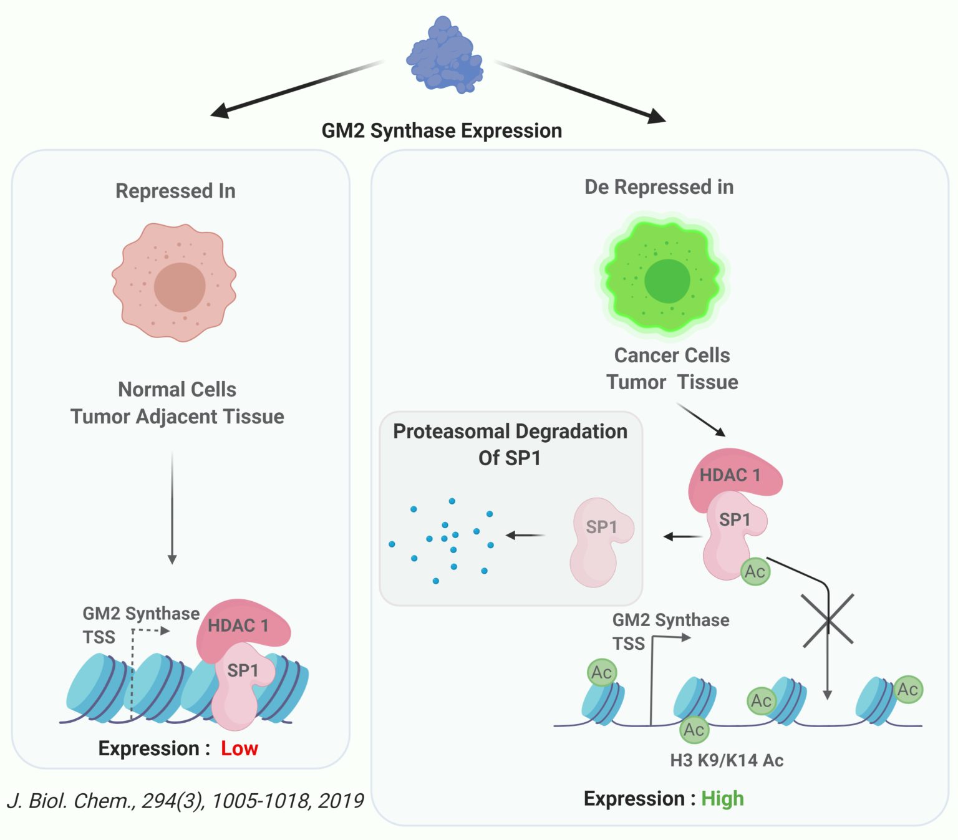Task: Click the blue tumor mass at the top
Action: (x=445, y=55)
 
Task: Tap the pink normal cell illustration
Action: (x=174, y=282)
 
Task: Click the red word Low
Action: (x=239, y=748)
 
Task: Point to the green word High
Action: (x=722, y=798)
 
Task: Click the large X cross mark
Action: (x=828, y=620)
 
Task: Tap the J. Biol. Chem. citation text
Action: (x=185, y=801)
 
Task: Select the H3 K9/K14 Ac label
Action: (x=727, y=760)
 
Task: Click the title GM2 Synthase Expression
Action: (x=442, y=131)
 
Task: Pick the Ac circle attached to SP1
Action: (x=755, y=571)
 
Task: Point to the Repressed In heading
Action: (x=175, y=191)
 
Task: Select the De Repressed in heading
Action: (x=659, y=187)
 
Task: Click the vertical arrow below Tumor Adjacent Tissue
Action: (x=172, y=508)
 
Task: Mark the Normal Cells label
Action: (x=177, y=390)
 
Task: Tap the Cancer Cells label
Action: (x=672, y=355)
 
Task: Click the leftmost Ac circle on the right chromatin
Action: (x=601, y=672)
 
